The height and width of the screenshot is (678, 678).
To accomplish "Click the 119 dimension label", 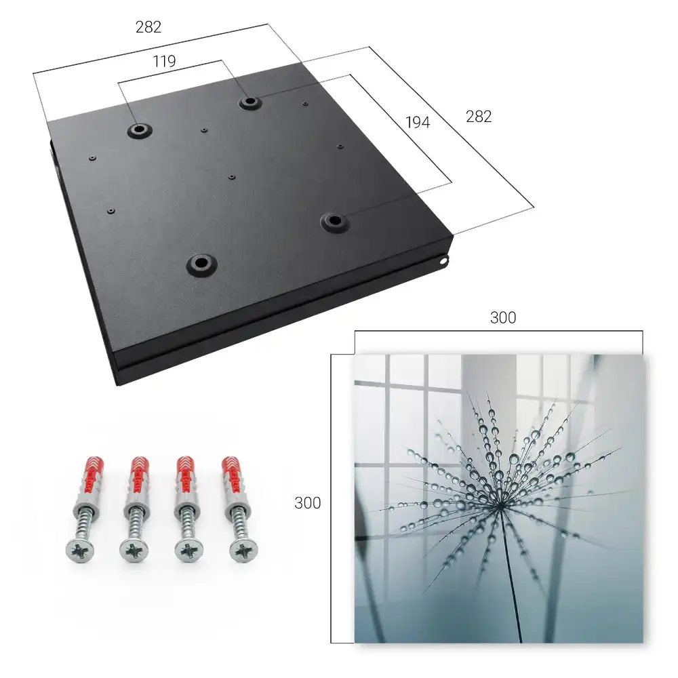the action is [164, 62].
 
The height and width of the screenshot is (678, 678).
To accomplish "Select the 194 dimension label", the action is [418, 122].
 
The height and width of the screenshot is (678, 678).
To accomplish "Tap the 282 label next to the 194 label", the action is [479, 117].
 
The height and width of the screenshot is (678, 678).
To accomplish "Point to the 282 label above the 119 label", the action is [148, 27].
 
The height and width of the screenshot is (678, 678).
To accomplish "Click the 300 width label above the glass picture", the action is [503, 317].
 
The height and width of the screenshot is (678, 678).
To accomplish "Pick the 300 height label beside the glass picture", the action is [307, 503].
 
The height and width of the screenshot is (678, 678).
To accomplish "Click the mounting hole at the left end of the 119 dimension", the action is [140, 129].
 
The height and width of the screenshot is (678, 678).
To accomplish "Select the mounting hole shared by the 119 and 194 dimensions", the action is [249, 102].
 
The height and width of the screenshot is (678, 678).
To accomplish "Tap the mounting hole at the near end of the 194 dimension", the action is [334, 222].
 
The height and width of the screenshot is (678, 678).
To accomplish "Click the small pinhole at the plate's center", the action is [232, 177].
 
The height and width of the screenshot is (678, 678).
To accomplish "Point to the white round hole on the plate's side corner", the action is [443, 261].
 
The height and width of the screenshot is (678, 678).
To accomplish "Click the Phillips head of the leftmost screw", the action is [80, 551].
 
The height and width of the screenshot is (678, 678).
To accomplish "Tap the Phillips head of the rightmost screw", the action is [243, 551].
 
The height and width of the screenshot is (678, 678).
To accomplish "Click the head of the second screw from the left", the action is [134, 551].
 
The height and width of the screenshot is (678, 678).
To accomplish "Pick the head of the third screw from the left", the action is [189, 551].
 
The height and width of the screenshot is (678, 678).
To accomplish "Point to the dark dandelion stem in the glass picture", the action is [511, 575].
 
